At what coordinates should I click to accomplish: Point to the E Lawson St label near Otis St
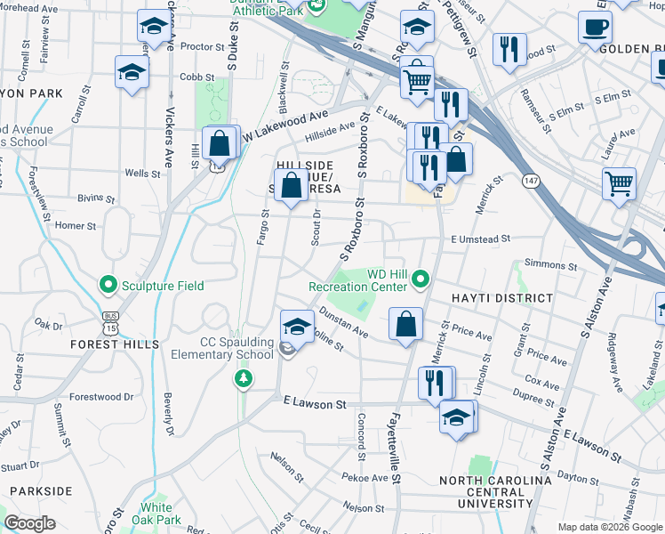coord(315,405)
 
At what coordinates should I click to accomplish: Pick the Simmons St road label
coord(551,264)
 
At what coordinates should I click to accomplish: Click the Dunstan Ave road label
coord(343,326)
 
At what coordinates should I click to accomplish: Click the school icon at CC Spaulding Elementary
coord(298,326)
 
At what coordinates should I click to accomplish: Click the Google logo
coord(29,524)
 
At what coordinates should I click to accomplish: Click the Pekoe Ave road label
coord(368,478)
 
